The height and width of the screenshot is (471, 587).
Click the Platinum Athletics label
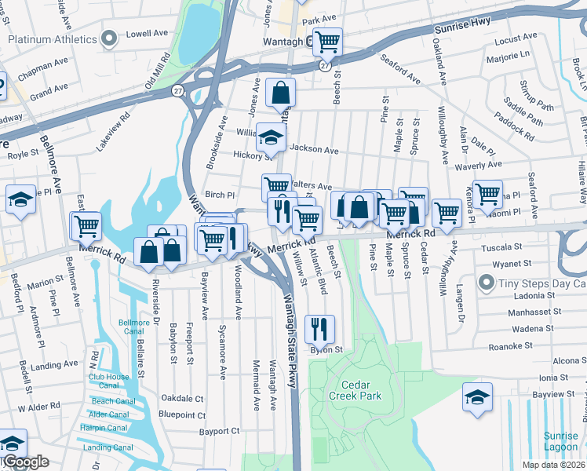coord(53,38)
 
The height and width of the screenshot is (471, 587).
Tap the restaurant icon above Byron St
coord(319,327)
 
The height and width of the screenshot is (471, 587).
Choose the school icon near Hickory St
coord(271,138)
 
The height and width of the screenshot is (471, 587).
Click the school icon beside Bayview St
coord(476,396)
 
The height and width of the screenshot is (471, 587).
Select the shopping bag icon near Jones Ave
coord(280,93)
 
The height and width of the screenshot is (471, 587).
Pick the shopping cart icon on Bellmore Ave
coord(86,226)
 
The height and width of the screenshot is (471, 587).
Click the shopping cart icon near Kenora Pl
coord(487,192)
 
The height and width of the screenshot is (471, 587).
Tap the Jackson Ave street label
coord(314,149)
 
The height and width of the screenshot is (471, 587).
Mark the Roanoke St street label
coord(511,343)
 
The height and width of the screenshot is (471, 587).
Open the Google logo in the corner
coord(25,462)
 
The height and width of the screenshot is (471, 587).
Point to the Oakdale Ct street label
coord(181,399)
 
